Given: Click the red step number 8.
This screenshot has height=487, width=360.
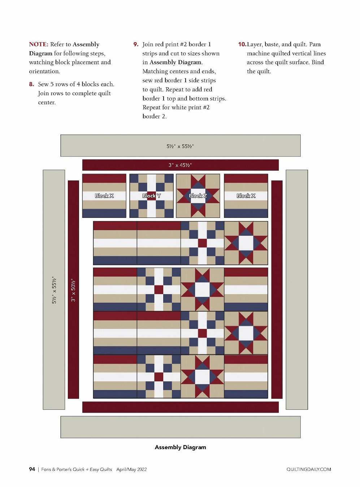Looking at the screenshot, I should click(31, 84).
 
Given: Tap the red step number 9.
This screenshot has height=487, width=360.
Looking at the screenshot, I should click(136, 44).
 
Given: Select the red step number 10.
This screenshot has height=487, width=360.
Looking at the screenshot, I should click(242, 44).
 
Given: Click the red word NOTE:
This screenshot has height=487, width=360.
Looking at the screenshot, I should click(39, 44).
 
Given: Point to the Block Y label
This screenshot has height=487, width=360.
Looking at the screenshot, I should click(151, 196).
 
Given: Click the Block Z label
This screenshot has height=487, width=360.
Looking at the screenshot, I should click(198, 196).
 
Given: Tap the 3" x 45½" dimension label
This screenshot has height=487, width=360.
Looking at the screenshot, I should click(180, 165).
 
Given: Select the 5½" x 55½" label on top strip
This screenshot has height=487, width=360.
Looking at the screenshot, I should click(180, 146).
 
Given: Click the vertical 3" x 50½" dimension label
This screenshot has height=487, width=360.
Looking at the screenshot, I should click(73, 290).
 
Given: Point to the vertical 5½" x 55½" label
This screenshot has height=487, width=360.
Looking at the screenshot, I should click(54, 290).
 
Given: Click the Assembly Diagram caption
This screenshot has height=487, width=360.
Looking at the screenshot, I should click(180, 447).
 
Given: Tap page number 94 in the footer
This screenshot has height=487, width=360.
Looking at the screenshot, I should click(32, 469).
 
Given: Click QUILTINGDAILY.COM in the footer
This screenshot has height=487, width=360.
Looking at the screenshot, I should click(309, 469).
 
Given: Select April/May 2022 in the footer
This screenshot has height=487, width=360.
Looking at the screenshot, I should click(131, 469).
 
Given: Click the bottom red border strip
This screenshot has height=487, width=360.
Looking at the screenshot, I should click(180, 407).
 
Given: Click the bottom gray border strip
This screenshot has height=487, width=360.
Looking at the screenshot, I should click(180, 427).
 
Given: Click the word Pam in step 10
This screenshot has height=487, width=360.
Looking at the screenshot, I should click(315, 44).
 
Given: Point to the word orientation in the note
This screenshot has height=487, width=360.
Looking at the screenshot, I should click(44, 71).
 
